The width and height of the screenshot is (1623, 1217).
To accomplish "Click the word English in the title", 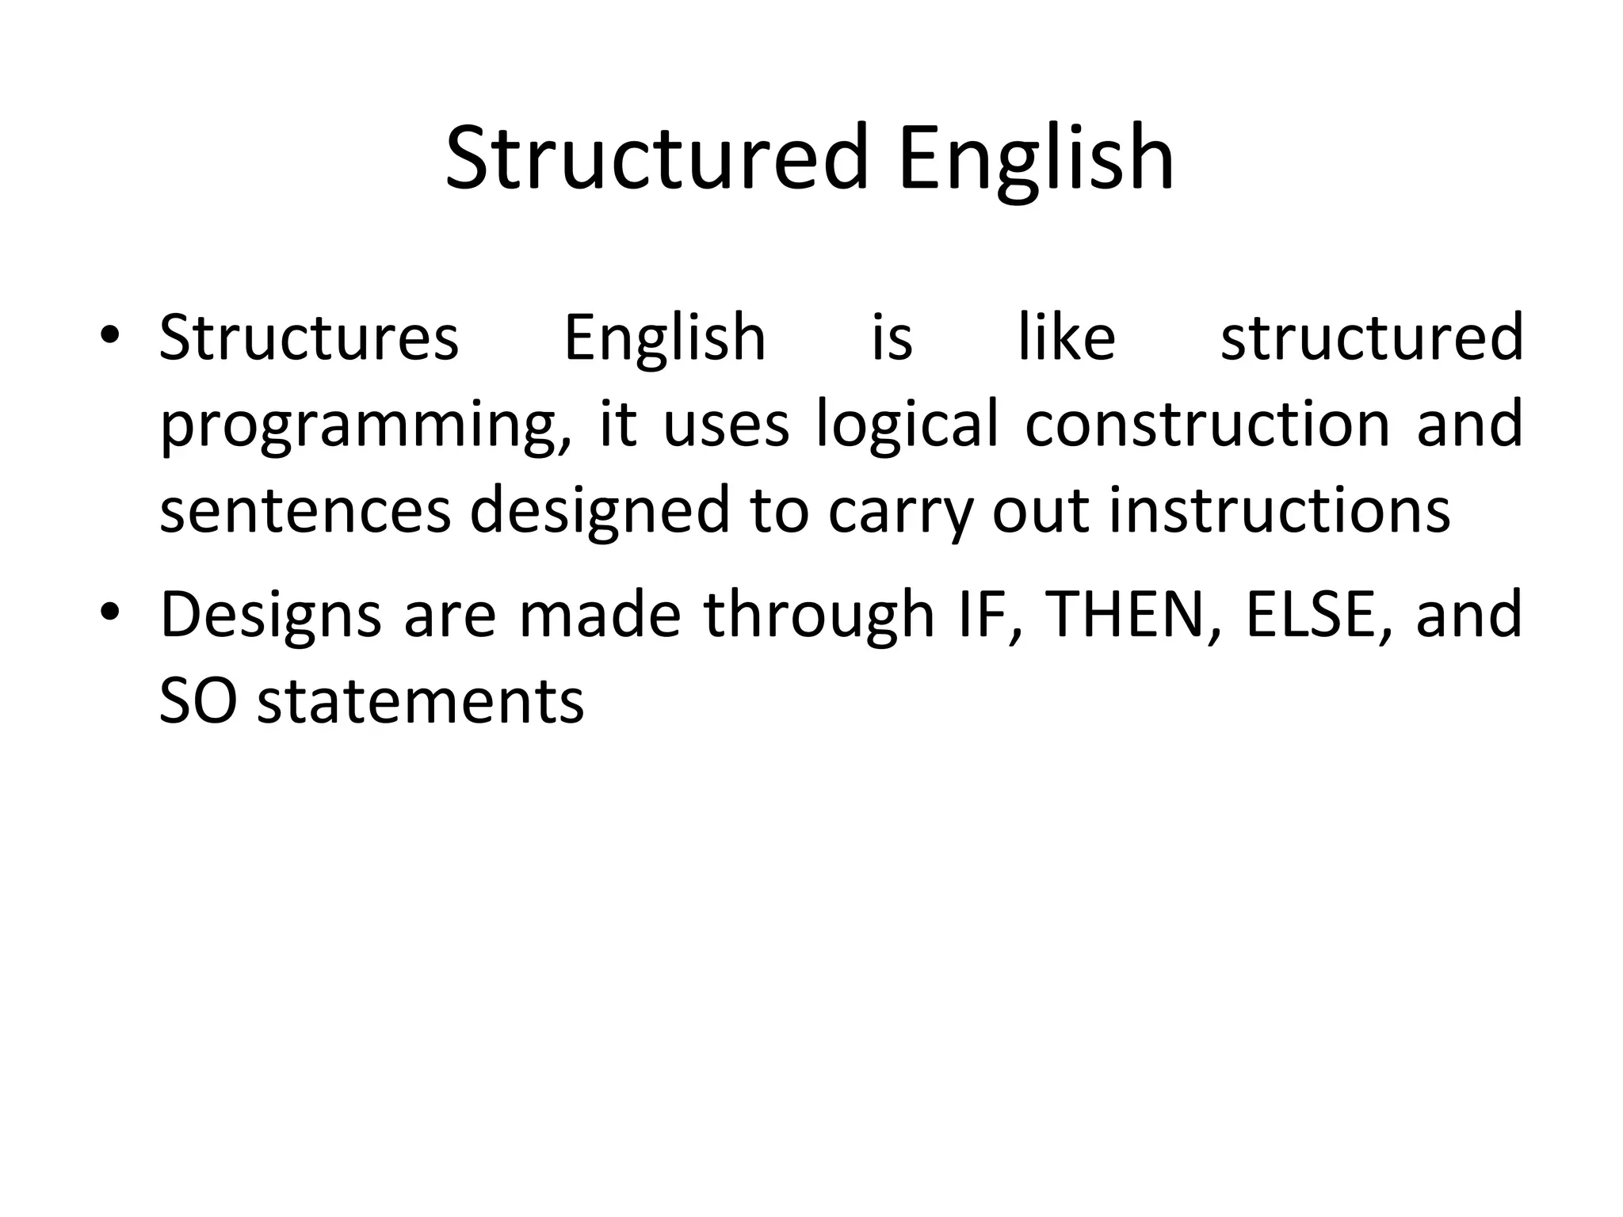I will pos(1036,158).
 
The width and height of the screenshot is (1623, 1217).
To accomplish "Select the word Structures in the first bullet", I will pos(309,338).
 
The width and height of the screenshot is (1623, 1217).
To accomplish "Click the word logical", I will pos(907,425).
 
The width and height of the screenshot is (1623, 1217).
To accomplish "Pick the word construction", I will pos(1207,423).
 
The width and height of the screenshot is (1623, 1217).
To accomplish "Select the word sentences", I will pos(305,511).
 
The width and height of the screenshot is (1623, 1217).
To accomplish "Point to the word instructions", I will pos(1279,511).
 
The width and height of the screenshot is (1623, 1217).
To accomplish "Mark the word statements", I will pos(421,701).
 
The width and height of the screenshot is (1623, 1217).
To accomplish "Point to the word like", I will pos(1067,338).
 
